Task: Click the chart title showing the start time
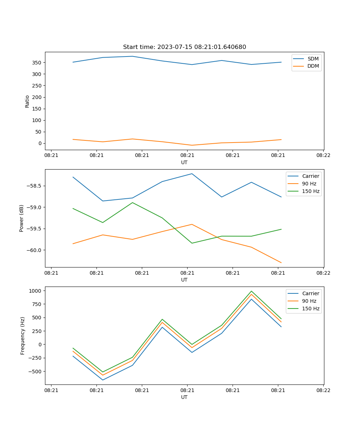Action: pyautogui.click(x=184, y=47)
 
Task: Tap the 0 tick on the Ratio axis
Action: pyautogui.click(x=41, y=143)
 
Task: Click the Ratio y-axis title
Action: pyautogui.click(x=27, y=101)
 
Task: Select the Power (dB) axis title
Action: pyautogui.click(x=22, y=218)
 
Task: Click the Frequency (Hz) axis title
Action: pyautogui.click(x=23, y=336)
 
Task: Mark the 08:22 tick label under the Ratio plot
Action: pyautogui.click(x=323, y=156)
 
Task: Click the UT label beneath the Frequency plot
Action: pyautogui.click(x=184, y=397)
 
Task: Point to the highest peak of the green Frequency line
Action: pyautogui.click(x=251, y=291)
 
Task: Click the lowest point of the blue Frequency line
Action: pyautogui.click(x=103, y=380)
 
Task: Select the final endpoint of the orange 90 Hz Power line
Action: pyautogui.click(x=281, y=262)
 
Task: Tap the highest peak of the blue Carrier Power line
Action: pyautogui.click(x=192, y=174)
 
